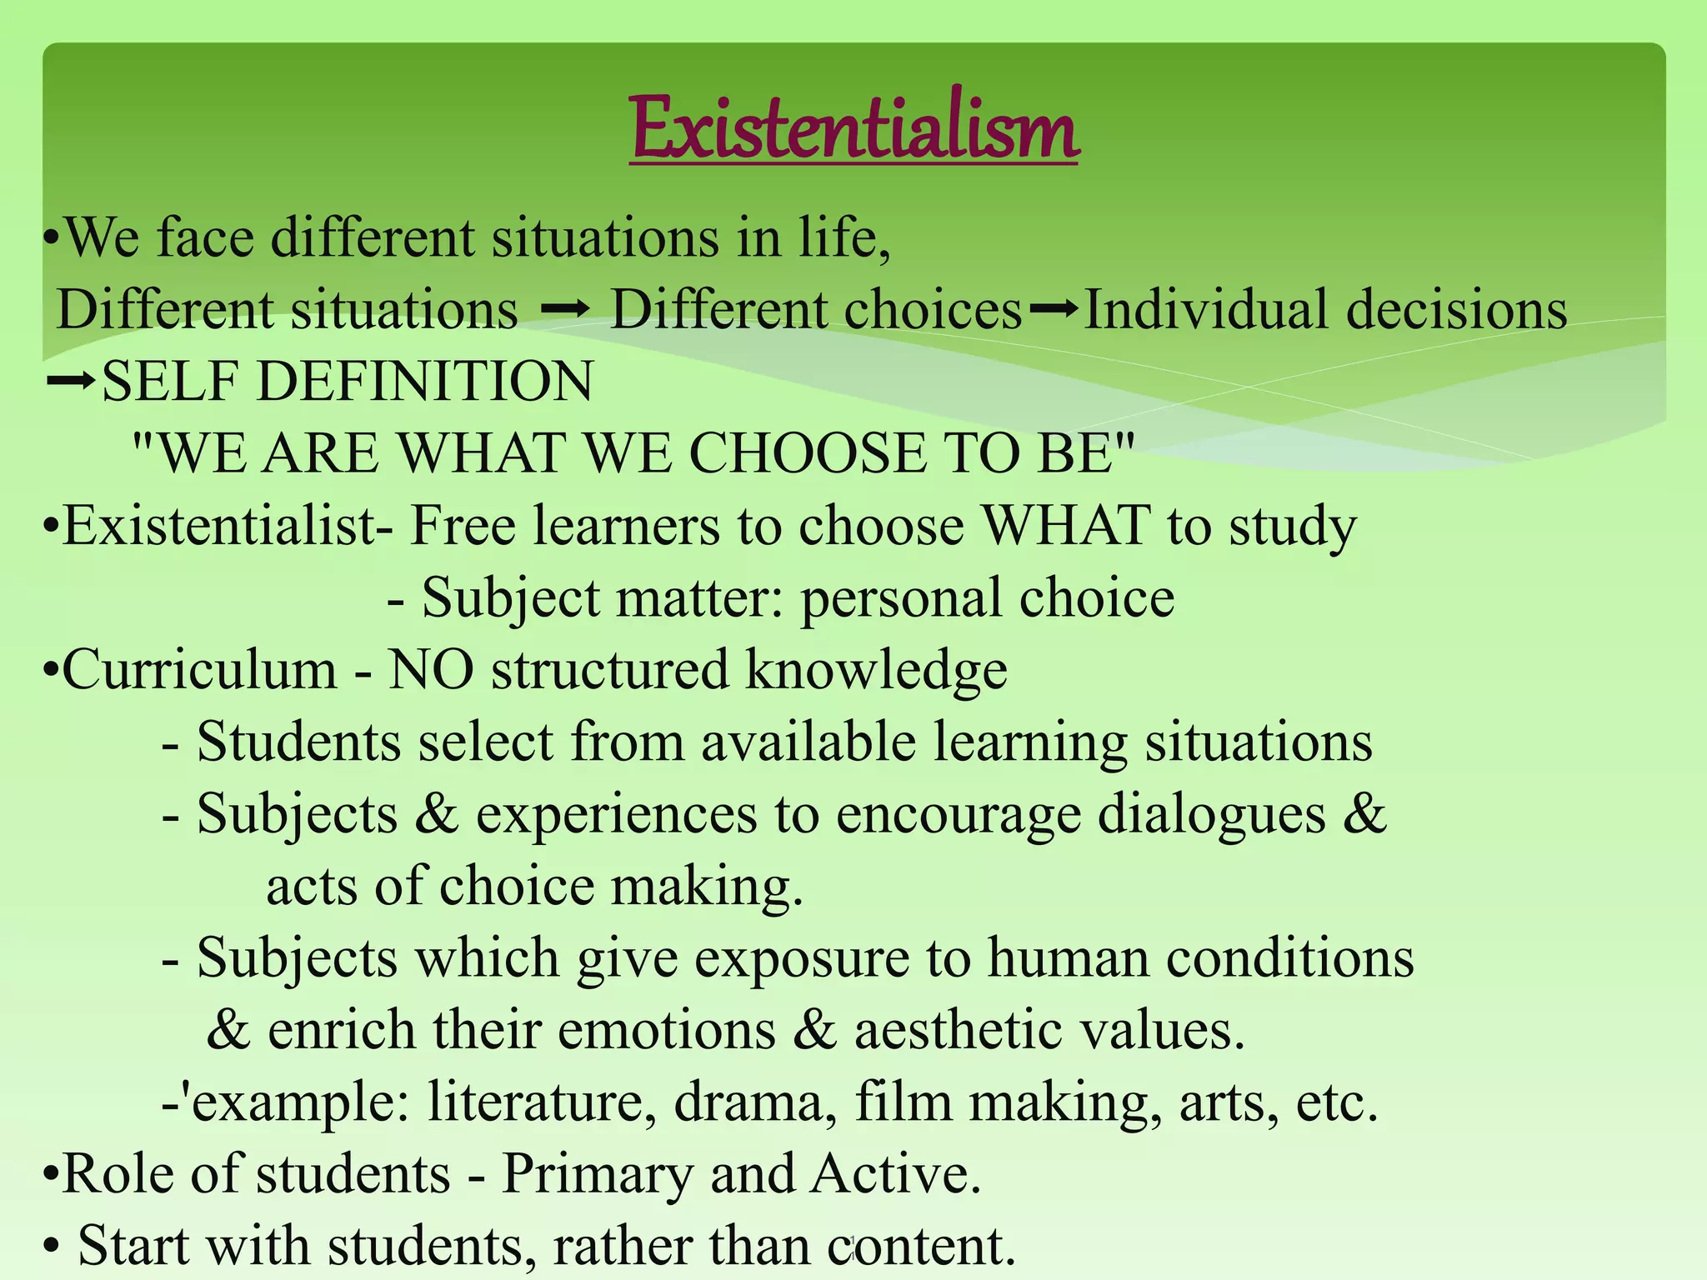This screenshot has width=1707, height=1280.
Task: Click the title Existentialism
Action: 854,129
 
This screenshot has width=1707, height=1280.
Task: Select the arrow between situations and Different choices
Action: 565,310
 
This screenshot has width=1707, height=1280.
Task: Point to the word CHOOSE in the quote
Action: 807,454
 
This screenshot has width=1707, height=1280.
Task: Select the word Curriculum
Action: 199,670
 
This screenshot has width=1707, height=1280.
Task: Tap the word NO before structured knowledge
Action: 431,670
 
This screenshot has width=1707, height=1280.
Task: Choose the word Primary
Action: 597,1174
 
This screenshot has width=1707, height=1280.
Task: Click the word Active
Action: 895,1174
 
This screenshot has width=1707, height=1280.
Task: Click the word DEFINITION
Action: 425,382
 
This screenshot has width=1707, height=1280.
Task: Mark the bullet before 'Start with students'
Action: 52,1247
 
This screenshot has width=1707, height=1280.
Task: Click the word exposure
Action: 801,958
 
